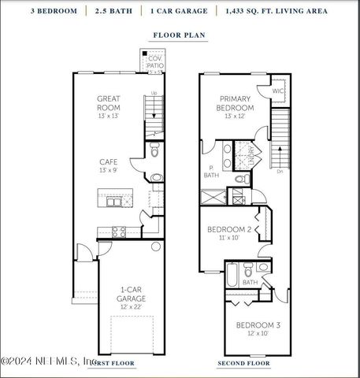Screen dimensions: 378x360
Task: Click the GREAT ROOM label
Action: coord(108,102)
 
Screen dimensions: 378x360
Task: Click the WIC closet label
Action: coord(277,91)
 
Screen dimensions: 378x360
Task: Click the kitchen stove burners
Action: coord(118,232)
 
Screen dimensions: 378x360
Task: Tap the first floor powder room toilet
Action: coord(155,178)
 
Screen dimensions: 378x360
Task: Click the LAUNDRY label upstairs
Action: coord(251,154)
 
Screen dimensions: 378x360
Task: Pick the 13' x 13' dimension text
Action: coord(108,116)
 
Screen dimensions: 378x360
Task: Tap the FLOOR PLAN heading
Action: coord(180,35)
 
